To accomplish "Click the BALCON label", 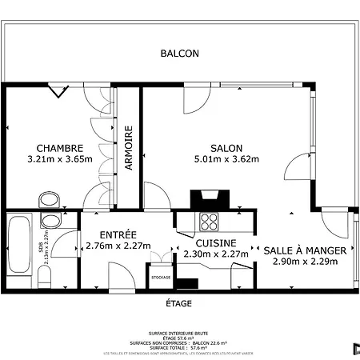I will [x=179, y=54].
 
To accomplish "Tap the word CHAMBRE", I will [x=60, y=148].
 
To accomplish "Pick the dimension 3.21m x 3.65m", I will [x=60, y=158].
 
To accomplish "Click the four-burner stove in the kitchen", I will [x=210, y=220].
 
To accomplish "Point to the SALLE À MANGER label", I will [x=305, y=250].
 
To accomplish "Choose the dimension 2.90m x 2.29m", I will [x=305, y=261].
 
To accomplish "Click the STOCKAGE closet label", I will [x=161, y=278].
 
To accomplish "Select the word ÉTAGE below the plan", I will [x=178, y=303].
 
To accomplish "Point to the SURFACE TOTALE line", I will [x=179, y=348].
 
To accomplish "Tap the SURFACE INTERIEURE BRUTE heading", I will [x=179, y=334].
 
